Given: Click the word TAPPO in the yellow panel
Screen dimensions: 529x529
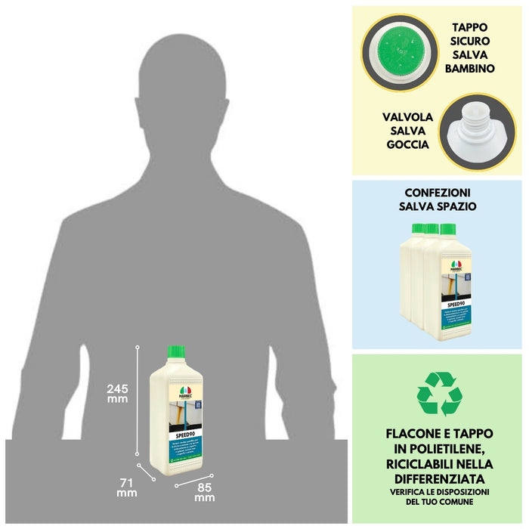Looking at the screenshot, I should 470,26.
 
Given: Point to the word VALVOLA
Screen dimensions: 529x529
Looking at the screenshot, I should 408,117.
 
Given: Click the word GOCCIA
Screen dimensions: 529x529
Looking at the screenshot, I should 408,144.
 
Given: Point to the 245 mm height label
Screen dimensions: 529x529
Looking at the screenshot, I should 117,394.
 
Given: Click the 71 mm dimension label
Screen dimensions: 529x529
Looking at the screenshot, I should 126,486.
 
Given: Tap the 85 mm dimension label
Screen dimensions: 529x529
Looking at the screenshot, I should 204,491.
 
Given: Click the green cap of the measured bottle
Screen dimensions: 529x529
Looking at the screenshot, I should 176,351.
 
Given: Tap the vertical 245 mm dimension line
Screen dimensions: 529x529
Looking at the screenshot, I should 138,401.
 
